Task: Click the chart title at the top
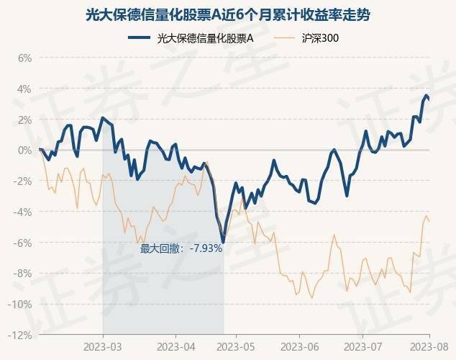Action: tap(228, 14)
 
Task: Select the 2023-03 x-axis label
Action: tap(103, 346)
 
